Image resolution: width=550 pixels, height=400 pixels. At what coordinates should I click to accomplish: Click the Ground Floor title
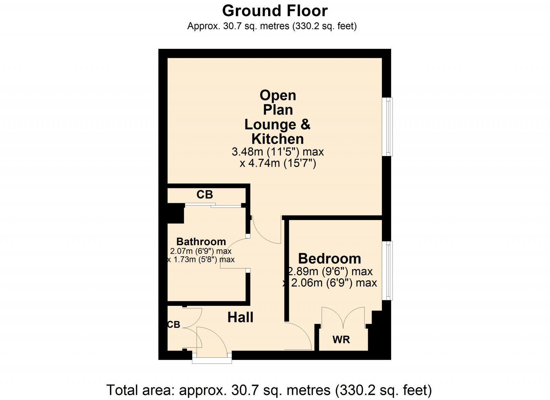pyautogui.click(x=275, y=11)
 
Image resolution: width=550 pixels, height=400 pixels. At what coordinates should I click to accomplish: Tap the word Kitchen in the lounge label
pyautogui.click(x=278, y=139)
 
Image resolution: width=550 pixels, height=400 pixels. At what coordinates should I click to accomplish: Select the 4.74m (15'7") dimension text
pyautogui.click(x=278, y=163)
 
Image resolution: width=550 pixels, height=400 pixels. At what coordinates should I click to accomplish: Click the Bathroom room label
pyautogui.click(x=201, y=241)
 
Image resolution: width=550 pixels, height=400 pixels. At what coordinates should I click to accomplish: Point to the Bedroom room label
pyautogui.click(x=330, y=258)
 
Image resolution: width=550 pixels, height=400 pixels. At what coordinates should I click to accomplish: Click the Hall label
pyautogui.click(x=240, y=317)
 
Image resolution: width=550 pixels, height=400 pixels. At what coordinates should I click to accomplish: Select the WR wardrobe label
pyautogui.click(x=341, y=340)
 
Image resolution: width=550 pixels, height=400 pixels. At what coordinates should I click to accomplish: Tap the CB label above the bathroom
pyautogui.click(x=205, y=195)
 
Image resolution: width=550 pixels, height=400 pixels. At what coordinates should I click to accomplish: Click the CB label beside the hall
pyautogui.click(x=174, y=324)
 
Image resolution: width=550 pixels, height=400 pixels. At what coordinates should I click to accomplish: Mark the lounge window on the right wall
pyautogui.click(x=387, y=127)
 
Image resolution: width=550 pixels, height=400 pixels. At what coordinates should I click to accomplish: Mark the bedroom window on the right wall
pyautogui.click(x=387, y=270)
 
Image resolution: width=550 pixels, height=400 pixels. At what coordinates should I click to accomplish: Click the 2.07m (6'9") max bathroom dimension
pyautogui.click(x=201, y=251)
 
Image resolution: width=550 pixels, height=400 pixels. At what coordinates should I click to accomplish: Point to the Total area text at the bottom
pyautogui.click(x=269, y=390)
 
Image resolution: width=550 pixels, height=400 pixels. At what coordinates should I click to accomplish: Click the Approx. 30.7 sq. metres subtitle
pyautogui.click(x=272, y=26)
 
